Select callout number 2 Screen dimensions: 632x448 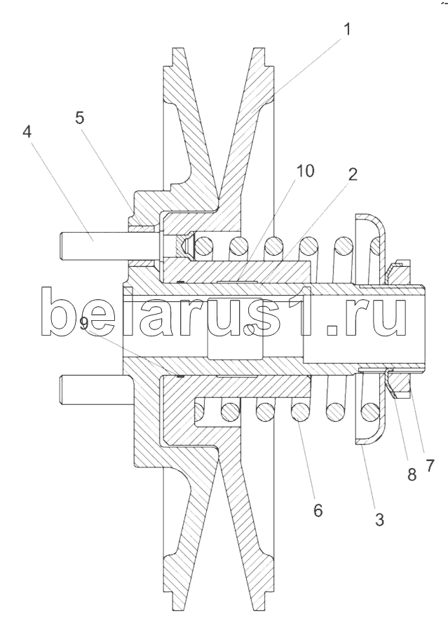(x=350, y=174)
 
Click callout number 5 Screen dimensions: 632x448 (x=81, y=118)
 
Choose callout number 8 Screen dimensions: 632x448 (x=412, y=474)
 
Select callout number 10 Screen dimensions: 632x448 (x=306, y=171)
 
